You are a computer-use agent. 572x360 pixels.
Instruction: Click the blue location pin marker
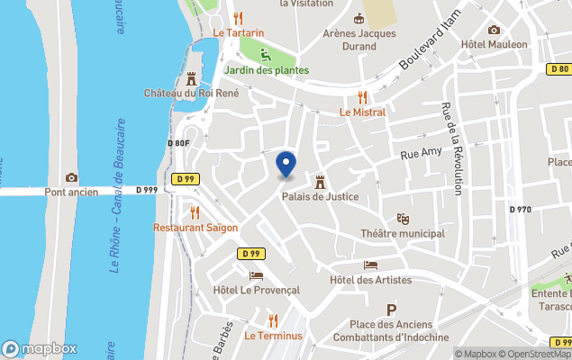click(x=286, y=165)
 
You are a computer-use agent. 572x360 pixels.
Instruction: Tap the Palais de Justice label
click(x=320, y=197)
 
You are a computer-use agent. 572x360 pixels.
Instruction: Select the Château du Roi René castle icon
click(x=191, y=78)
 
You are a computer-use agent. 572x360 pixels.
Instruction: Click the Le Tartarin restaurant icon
click(x=238, y=18)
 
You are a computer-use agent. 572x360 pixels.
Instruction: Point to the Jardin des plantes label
click(x=266, y=70)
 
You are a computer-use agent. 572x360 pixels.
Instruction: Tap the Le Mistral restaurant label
click(x=362, y=112)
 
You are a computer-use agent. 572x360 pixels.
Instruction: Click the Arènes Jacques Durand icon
click(x=359, y=19)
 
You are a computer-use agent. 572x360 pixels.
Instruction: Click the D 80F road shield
click(x=178, y=143)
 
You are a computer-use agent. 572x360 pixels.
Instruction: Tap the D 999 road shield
click(x=147, y=190)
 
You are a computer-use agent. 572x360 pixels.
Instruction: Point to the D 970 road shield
click(x=521, y=210)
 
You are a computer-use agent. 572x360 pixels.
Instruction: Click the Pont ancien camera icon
click(x=71, y=177)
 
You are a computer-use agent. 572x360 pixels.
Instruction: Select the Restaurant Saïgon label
click(x=195, y=228)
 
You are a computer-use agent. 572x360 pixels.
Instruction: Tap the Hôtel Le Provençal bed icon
click(x=256, y=275)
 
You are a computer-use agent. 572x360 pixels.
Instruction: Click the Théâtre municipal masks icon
click(x=403, y=219)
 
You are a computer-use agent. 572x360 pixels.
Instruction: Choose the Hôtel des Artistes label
click(x=370, y=280)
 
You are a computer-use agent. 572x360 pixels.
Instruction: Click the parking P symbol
click(x=391, y=310)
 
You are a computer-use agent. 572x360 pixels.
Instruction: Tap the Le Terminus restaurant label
click(x=274, y=337)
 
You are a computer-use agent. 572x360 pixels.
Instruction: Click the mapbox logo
click(x=40, y=348)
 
